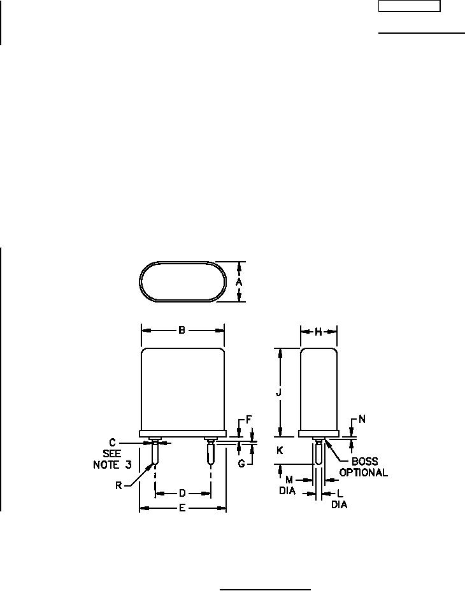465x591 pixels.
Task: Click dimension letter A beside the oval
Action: (239, 282)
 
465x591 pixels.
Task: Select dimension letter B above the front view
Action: (182, 331)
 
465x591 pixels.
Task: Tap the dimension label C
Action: (112, 443)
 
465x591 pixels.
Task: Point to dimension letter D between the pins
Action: (182, 493)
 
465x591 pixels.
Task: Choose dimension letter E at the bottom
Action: (182, 508)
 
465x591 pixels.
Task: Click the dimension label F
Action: (249, 420)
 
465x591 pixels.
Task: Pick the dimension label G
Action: (242, 463)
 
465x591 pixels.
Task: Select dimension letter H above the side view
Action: (318, 332)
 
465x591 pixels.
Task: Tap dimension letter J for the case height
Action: (279, 392)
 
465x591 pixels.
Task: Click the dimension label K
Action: (280, 450)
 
